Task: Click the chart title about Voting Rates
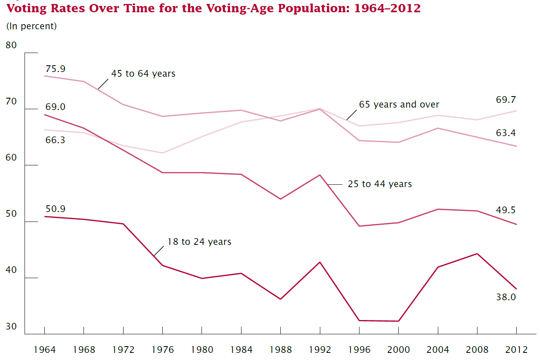[x=214, y=9]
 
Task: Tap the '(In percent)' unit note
[x=32, y=26]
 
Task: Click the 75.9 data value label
[x=55, y=69]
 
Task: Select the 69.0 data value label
[x=55, y=107]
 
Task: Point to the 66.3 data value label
[x=55, y=140]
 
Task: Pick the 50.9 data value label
[x=55, y=209]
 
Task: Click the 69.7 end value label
[x=506, y=100]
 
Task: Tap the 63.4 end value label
[x=506, y=133]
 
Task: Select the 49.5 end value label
[x=506, y=210]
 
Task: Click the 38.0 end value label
[x=506, y=297]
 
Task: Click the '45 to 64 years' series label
[x=143, y=74]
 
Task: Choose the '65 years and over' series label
[x=399, y=104]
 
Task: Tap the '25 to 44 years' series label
[x=380, y=184]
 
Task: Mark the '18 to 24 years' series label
[x=199, y=242]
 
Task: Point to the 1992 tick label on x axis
[x=320, y=350]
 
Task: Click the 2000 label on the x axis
[x=398, y=350]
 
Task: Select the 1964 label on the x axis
[x=45, y=350]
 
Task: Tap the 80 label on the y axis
[x=11, y=45]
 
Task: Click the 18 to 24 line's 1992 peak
[x=320, y=262]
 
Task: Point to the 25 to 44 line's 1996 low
[x=359, y=226]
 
